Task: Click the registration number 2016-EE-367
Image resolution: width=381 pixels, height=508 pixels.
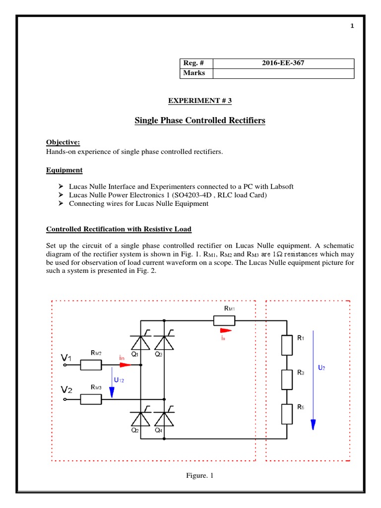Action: coord(283,63)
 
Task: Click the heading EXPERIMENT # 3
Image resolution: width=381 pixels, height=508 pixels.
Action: coord(200,101)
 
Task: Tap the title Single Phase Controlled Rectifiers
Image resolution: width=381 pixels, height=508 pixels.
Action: coord(200,121)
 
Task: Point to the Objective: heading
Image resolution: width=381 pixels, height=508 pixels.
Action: coord(63,142)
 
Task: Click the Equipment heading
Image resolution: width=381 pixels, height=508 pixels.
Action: coord(64,170)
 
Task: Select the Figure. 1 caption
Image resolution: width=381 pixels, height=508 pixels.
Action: coord(199,476)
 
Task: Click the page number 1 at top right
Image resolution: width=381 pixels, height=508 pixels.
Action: coord(352,26)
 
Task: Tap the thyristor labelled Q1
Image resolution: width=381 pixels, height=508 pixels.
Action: coord(141,343)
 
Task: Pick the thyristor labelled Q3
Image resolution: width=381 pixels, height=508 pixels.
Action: coord(164,343)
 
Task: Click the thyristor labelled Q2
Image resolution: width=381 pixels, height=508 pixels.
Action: coord(141,419)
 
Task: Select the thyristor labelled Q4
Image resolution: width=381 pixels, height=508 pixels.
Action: coord(164,419)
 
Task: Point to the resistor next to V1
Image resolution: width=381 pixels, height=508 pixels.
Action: coord(91,365)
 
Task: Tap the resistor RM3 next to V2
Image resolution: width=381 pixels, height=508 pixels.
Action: coord(91,398)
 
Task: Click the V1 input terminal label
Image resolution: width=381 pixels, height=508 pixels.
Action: coord(66,357)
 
